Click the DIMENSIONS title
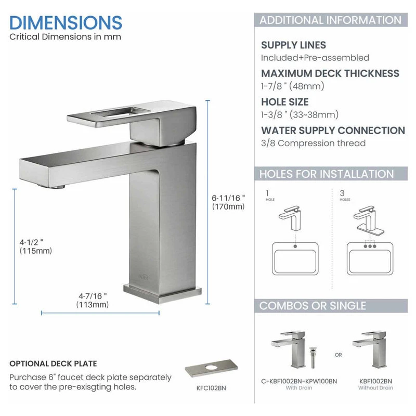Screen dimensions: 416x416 [66, 22]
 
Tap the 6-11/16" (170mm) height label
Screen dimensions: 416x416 [228, 202]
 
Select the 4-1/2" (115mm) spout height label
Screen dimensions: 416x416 [35, 246]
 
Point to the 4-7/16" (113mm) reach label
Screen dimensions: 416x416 [93, 300]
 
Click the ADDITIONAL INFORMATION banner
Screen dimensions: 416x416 [331, 20]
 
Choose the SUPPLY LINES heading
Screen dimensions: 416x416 [293, 45]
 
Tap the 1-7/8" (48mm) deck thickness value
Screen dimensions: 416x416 [293, 86]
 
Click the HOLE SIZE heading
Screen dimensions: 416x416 [284, 102]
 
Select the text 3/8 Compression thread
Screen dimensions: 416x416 [314, 143]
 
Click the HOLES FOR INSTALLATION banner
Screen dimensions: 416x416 [331, 174]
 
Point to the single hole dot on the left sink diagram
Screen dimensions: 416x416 [295, 246]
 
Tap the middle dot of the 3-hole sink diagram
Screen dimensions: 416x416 [370, 246]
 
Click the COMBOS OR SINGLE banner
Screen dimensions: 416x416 [331, 306]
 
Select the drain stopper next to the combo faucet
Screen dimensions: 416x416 [313, 357]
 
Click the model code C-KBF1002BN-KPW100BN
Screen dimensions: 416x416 [299, 381]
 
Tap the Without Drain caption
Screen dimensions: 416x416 [375, 388]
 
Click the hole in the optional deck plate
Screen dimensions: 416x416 [211, 368]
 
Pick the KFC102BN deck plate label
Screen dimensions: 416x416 [211, 388]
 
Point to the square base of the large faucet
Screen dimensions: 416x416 [162, 294]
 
